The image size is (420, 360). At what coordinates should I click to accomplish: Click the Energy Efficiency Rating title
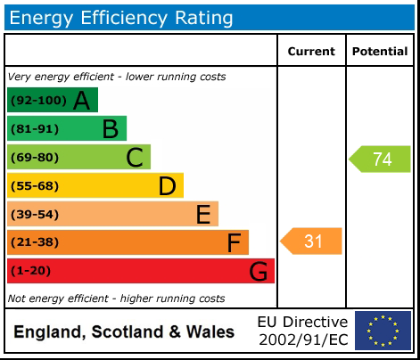[x=121, y=17]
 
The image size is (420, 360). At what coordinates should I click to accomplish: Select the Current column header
[x=311, y=52]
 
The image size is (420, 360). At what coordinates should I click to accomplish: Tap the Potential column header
[x=379, y=52]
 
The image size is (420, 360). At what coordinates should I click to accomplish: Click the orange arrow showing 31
[x=311, y=241]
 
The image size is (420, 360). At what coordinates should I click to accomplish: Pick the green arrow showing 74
[x=380, y=160]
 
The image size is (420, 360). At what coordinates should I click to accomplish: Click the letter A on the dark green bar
[x=82, y=101]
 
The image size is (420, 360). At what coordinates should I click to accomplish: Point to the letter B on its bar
[x=110, y=129]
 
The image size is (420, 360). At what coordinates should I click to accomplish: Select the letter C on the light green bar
[x=135, y=158]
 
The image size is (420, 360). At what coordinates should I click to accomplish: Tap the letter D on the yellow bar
[x=167, y=186]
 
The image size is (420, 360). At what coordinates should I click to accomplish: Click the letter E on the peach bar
[x=203, y=215]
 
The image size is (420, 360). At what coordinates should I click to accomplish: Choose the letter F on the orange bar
[x=234, y=242]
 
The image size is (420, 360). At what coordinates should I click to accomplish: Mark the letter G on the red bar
[x=258, y=271]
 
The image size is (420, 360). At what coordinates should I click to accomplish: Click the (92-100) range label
[x=37, y=101]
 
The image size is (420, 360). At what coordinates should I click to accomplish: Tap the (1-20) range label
[x=31, y=271]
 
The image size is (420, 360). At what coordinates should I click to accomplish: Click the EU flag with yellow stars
[x=383, y=331]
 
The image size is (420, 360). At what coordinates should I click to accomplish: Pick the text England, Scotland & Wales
[x=124, y=332]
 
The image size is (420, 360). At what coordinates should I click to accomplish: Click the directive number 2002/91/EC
[x=302, y=340]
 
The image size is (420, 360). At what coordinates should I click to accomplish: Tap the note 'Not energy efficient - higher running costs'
[x=116, y=299]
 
